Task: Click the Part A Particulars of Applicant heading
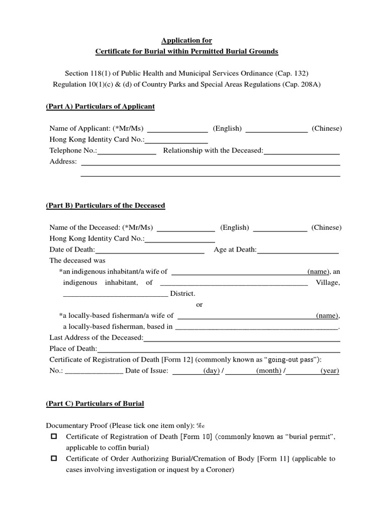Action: pos(100,106)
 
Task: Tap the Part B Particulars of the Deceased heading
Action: pos(105,205)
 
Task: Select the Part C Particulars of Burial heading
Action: pos(94,403)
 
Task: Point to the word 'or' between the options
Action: pos(200,305)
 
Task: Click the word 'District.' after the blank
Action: pos(182,294)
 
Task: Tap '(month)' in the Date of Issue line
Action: pos(268,371)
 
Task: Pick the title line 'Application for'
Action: pos(187,40)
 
